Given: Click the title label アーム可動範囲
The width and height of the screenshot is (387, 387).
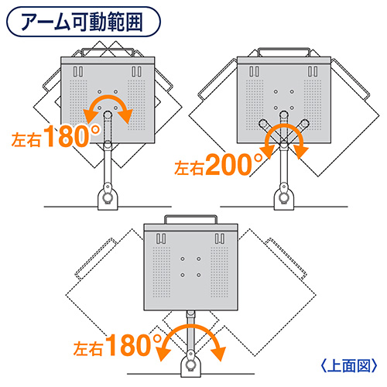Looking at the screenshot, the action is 81,22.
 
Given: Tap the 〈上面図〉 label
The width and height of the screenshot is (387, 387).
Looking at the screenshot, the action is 349,365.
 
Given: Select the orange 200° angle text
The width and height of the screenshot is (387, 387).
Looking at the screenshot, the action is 235,165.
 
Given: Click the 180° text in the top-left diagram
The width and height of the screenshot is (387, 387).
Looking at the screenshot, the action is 72,135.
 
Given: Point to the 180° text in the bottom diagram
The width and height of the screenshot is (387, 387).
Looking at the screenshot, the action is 134,345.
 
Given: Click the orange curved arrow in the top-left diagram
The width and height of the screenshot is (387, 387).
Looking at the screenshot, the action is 108,98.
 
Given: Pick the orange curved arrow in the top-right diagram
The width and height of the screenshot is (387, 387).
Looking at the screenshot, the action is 284,126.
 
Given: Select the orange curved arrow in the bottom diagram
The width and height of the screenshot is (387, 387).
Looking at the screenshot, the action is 191,327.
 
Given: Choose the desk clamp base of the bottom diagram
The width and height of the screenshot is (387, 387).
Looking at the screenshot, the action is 191,365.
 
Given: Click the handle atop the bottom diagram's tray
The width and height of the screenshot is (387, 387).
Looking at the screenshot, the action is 190,216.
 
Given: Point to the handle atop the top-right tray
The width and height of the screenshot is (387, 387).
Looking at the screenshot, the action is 284,49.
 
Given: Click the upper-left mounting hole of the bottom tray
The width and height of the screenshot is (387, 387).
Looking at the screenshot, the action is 183,259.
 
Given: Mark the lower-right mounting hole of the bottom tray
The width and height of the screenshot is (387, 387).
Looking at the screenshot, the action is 199,276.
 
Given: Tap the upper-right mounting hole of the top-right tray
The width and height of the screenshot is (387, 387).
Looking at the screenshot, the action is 292,91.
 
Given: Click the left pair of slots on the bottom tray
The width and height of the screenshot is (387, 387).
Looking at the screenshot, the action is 161,238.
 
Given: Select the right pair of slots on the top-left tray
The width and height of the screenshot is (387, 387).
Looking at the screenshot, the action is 136,71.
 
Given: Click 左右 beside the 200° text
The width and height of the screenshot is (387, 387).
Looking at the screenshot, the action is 190,168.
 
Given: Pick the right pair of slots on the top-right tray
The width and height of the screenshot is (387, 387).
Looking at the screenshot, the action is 313,71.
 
